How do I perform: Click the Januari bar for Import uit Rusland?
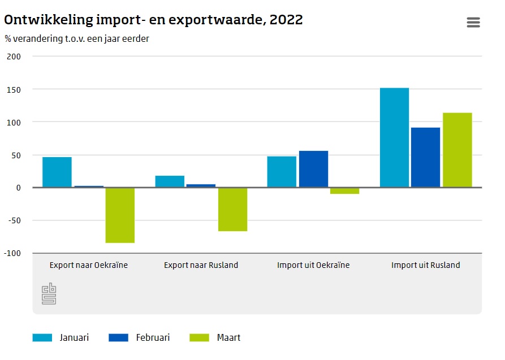394,137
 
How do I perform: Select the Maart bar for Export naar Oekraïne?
120,215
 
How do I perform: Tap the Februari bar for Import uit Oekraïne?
313,169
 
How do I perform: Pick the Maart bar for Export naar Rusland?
232,209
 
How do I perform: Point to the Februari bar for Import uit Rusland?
425,157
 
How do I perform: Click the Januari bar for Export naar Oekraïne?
57,172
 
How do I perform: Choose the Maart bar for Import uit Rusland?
457,150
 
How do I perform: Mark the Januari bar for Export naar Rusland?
170,181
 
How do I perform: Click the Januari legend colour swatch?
42,338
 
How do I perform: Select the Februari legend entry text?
153,338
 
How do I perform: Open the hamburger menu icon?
473,22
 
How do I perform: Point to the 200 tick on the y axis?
14,57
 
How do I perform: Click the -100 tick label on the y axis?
12,253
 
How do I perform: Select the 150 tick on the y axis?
14,89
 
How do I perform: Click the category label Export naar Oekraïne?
89,265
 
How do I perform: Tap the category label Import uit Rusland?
426,265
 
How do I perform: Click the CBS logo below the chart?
49,293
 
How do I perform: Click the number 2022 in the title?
286,20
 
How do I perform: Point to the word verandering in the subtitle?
39,39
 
